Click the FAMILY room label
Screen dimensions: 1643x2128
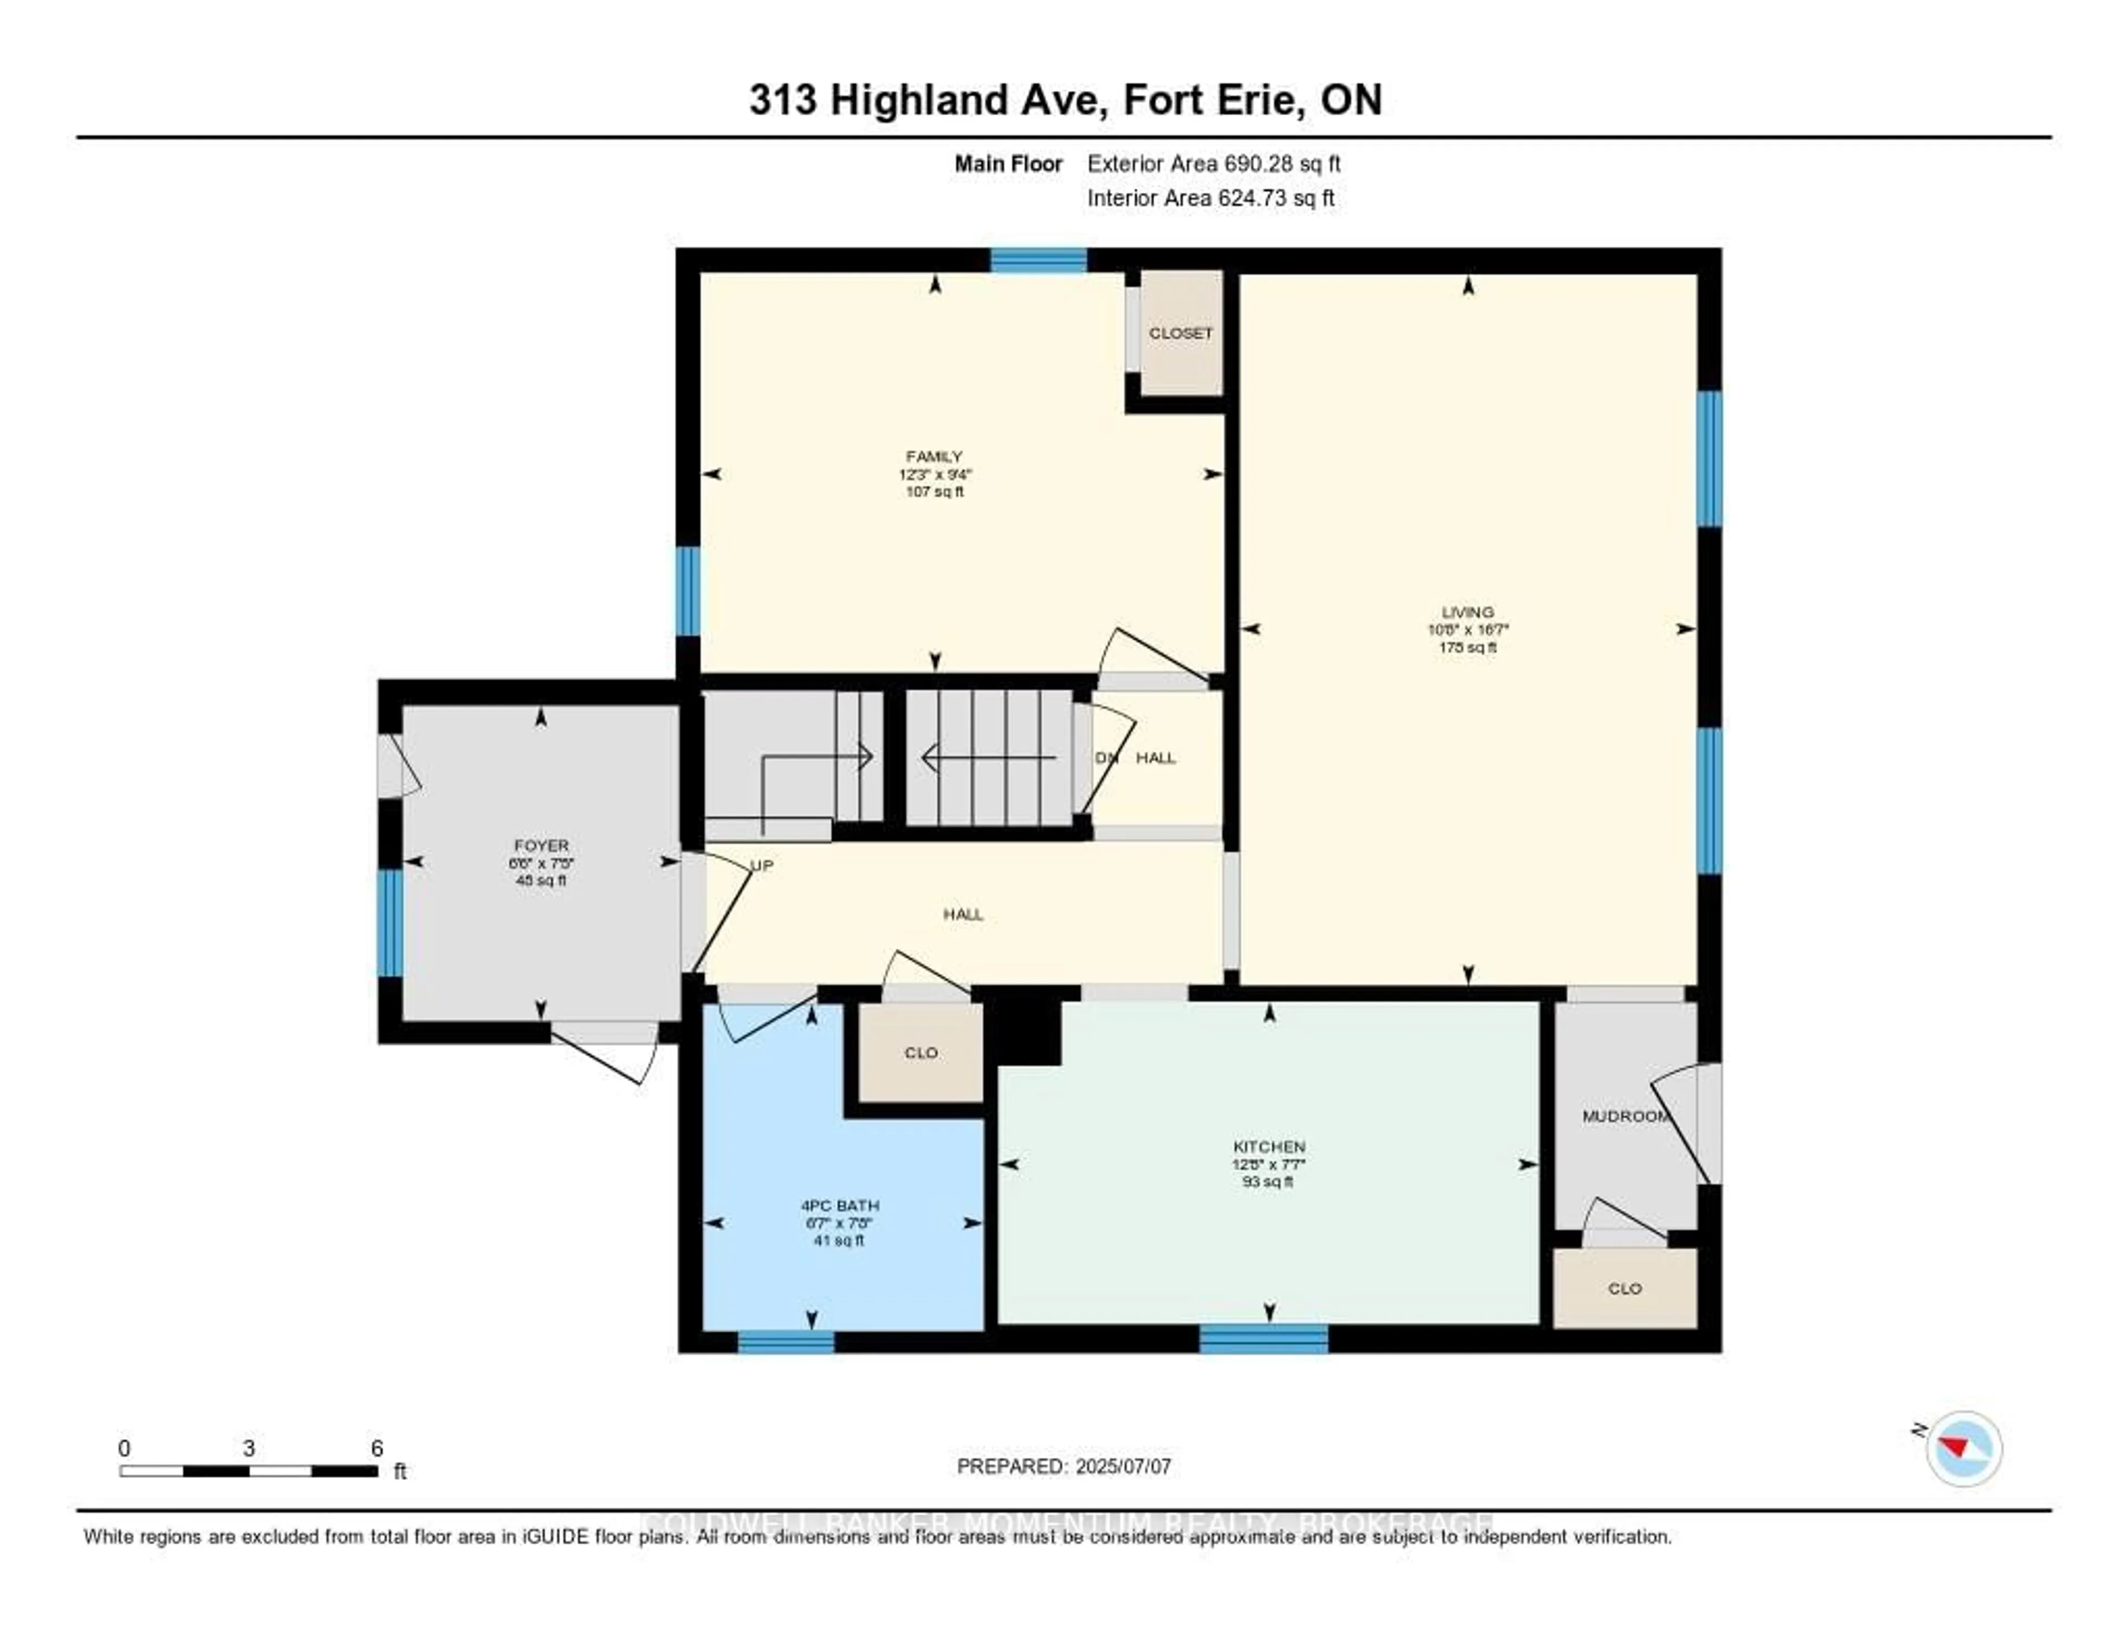pos(933,456)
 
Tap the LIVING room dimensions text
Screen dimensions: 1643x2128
pos(1467,629)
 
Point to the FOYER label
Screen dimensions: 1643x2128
pos(541,845)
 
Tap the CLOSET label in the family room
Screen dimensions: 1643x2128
pos(1180,333)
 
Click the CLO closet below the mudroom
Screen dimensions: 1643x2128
pos(1624,1288)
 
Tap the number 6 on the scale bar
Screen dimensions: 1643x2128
pos(377,1448)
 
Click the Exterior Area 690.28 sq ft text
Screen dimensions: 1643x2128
pos(1213,163)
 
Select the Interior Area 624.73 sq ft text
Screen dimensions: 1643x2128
pos(1210,198)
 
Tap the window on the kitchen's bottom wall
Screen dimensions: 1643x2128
pos(1263,1339)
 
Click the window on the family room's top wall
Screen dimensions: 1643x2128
pos(1038,260)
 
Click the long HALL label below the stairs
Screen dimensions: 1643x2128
pos(963,913)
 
